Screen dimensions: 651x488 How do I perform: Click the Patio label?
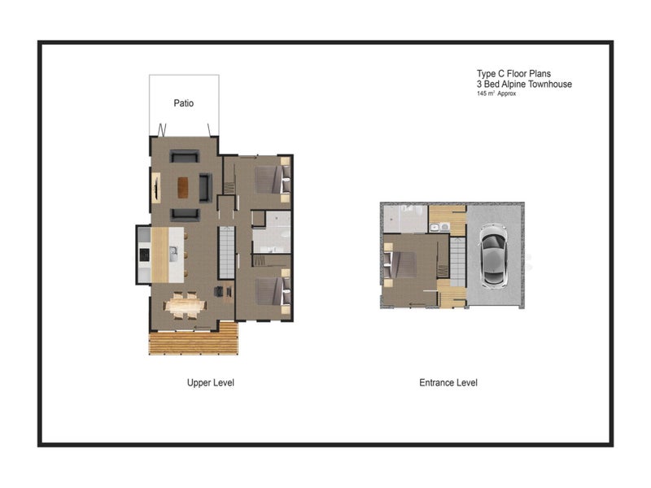pyautogui.click(x=184, y=103)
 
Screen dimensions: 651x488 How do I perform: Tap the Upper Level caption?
pyautogui.click(x=211, y=382)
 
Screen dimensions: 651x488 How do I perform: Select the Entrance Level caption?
pyautogui.click(x=448, y=382)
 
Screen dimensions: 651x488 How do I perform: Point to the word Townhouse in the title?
pyautogui.click(x=550, y=85)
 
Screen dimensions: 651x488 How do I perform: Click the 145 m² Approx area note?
pyautogui.click(x=496, y=94)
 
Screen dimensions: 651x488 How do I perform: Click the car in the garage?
pyautogui.click(x=493, y=255)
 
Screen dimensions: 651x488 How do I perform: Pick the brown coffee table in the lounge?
pyautogui.click(x=182, y=188)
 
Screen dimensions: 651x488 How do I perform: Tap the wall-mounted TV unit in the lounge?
pyautogui.click(x=155, y=188)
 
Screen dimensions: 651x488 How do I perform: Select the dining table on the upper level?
pyautogui.click(x=186, y=307)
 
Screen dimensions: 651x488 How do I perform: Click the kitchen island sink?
pyautogui.click(x=173, y=254)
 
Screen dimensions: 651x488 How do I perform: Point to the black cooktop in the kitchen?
pyautogui.click(x=144, y=255)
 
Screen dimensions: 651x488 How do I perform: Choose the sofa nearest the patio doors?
pyautogui.click(x=185, y=156)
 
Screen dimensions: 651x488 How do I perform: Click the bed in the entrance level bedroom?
pyautogui.click(x=400, y=264)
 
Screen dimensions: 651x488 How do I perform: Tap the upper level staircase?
pyautogui.click(x=227, y=252)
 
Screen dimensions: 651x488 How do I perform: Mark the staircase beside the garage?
pyautogui.click(x=457, y=261)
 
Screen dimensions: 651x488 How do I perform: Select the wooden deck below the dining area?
pyautogui.click(x=194, y=338)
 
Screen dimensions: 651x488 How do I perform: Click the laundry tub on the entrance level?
pyautogui.click(x=439, y=227)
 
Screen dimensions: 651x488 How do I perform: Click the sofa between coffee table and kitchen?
pyautogui.click(x=185, y=214)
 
